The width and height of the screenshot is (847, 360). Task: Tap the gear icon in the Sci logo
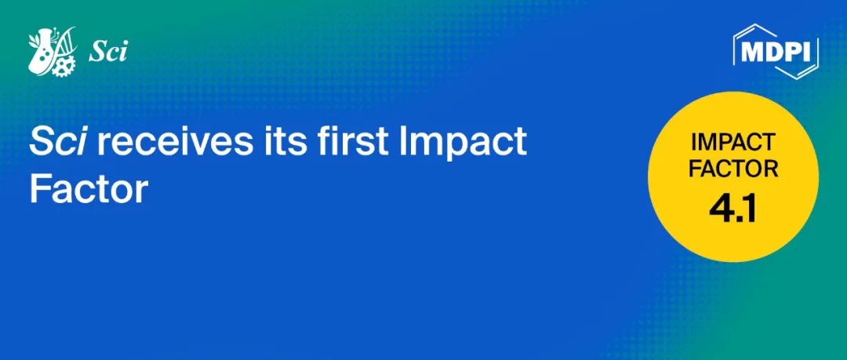[64, 66]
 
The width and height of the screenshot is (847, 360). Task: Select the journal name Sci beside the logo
[108, 52]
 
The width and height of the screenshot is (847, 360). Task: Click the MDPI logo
[776, 51]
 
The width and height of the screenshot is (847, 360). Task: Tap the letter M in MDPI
[751, 52]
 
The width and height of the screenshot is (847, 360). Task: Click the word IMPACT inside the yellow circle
[733, 143]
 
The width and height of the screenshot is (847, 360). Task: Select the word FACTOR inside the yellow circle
[733, 169]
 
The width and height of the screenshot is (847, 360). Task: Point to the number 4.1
[733, 209]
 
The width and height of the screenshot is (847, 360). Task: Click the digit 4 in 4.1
[722, 209]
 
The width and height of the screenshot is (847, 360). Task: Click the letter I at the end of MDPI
[808, 52]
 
